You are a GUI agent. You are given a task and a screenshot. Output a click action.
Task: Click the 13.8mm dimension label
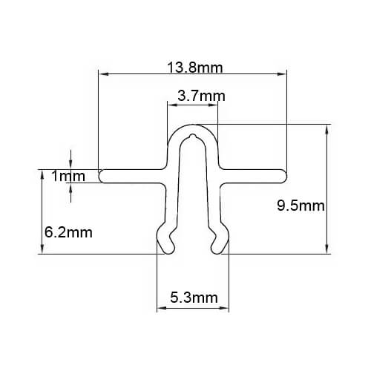(x=195, y=68)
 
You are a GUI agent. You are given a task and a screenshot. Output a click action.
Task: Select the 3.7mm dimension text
(x=201, y=96)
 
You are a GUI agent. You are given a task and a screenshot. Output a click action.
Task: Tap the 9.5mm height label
(x=301, y=206)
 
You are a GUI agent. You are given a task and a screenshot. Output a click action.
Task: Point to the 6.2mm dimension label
(x=68, y=232)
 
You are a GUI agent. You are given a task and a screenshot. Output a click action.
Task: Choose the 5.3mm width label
(x=194, y=298)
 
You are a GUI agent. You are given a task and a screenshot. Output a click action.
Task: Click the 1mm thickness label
(x=68, y=176)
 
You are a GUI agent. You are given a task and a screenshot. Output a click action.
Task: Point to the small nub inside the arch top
(x=193, y=137)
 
